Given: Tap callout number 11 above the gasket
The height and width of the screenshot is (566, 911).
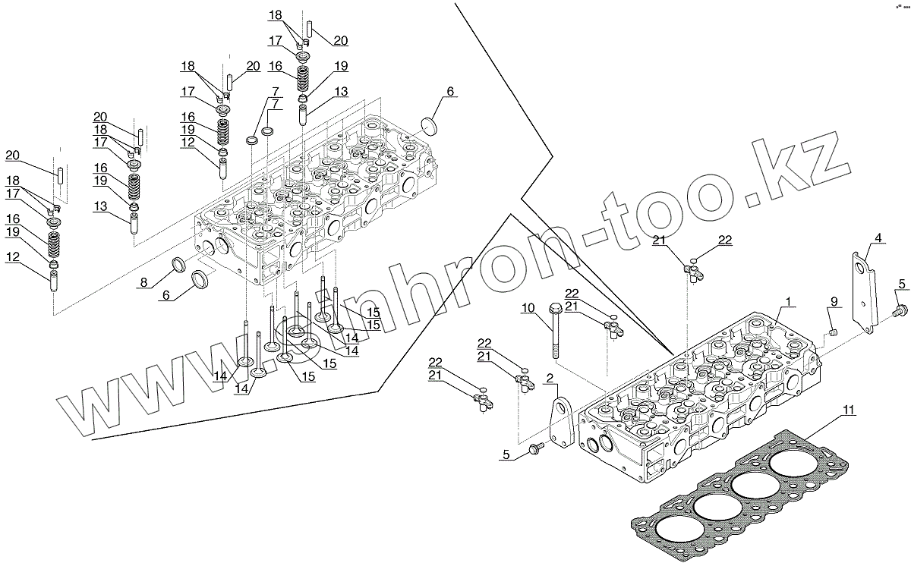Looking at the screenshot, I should pos(849,410).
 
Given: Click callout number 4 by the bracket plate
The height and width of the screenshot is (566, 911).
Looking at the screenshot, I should pos(878,238).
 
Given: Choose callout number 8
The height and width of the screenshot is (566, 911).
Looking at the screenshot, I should pos(143,283).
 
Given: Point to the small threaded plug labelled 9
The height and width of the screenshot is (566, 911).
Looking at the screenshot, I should pos(832,332).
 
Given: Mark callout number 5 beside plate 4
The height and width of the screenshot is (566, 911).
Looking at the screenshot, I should pos(902,285).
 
